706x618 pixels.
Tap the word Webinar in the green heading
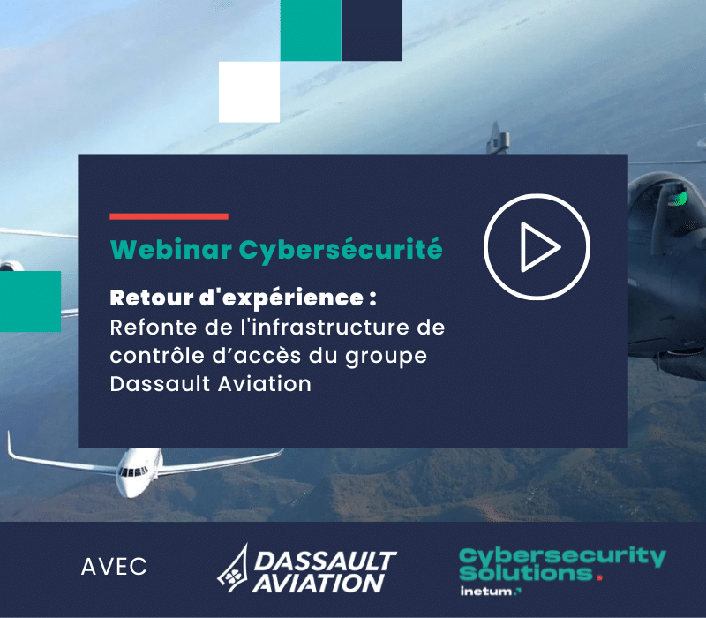pyautogui.click(x=171, y=249)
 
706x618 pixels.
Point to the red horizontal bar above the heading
pyautogui.click(x=169, y=216)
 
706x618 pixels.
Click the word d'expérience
pyautogui.click(x=282, y=298)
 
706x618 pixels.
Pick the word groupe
pyautogui.click(x=386, y=358)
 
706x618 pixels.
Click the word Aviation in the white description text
pyautogui.click(x=265, y=384)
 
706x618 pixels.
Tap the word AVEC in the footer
pyautogui.click(x=114, y=567)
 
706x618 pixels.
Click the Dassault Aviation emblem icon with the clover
pyautogui.click(x=233, y=569)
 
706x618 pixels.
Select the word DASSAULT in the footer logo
pyautogui.click(x=325, y=561)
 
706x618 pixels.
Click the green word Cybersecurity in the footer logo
pyautogui.click(x=562, y=557)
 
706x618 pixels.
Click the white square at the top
pyautogui.click(x=249, y=92)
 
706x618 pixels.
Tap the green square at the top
pyautogui.click(x=311, y=30)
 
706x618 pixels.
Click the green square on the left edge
pyautogui.click(x=30, y=301)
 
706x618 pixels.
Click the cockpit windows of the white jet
pyautogui.click(x=133, y=471)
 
